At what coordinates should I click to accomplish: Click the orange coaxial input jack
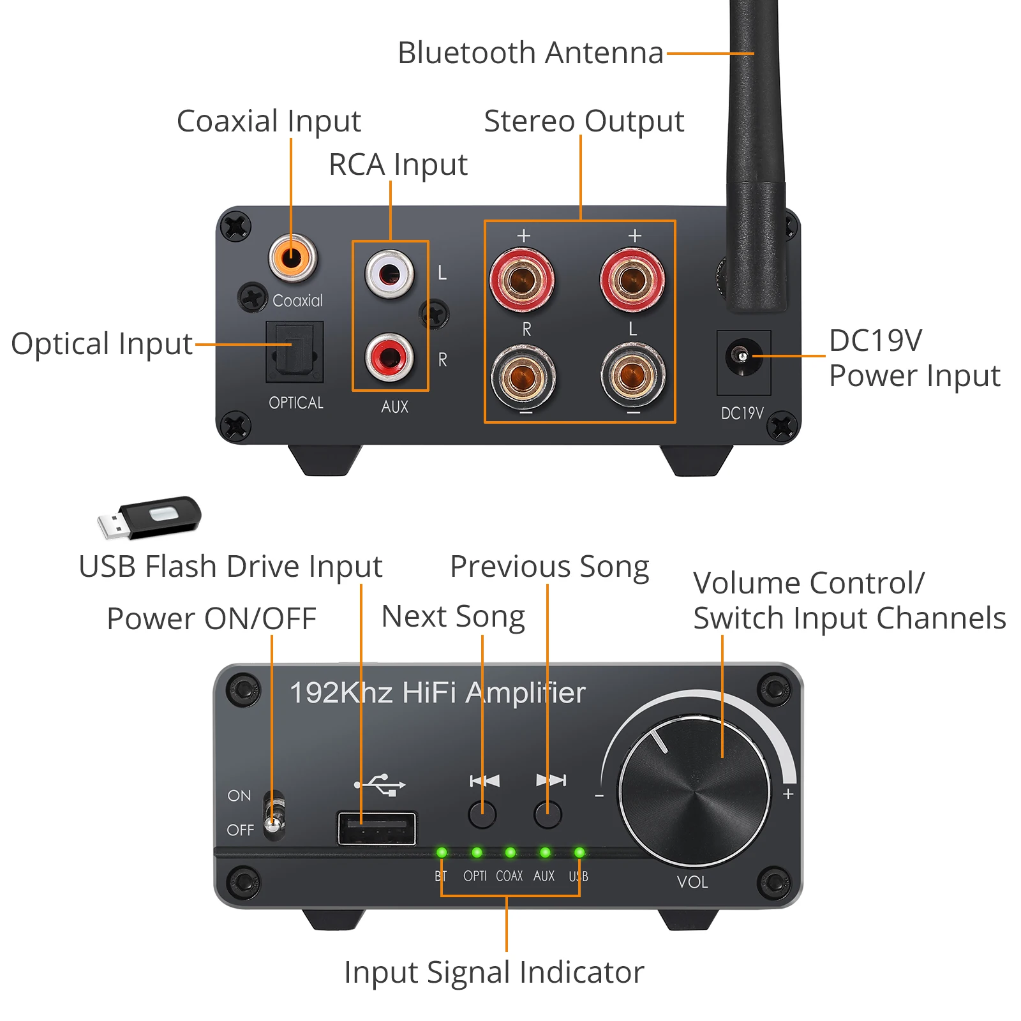pyautogui.click(x=292, y=257)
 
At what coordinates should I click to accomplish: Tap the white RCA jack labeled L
pyautogui.click(x=389, y=274)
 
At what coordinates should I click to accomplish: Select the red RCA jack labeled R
pyautogui.click(x=389, y=357)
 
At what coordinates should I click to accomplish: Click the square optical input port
pyautogui.click(x=295, y=352)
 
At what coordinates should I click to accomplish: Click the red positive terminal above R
pyautogui.click(x=522, y=279)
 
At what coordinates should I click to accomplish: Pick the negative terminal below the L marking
pyautogui.click(x=632, y=375)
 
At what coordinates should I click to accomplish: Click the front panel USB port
pyautogui.click(x=376, y=828)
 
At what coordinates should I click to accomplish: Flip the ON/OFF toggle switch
pyautogui.click(x=274, y=812)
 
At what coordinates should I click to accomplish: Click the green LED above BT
pyautogui.click(x=442, y=852)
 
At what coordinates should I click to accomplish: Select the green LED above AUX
pyautogui.click(x=544, y=852)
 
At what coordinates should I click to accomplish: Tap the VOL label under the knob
pyautogui.click(x=692, y=882)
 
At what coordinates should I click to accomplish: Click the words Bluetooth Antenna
pyautogui.click(x=530, y=53)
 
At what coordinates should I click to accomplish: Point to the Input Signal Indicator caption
pyautogui.click(x=494, y=972)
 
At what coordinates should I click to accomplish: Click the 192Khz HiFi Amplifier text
pyautogui.click(x=438, y=693)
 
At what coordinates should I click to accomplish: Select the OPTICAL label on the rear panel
pyautogui.click(x=296, y=403)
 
